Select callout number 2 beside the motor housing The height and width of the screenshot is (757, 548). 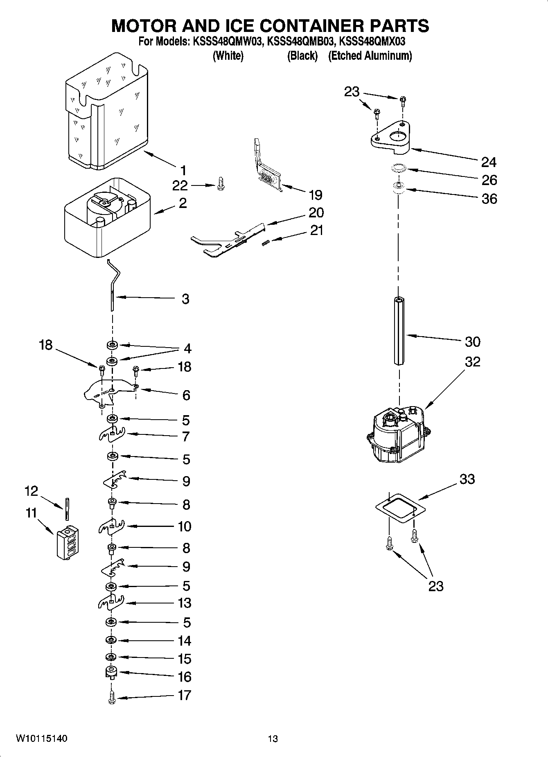(x=183, y=203)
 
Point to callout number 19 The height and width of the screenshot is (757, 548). (x=316, y=194)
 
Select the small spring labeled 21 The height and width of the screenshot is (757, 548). (x=265, y=243)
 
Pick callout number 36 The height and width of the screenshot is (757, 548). (x=489, y=199)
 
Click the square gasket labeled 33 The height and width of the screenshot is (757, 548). (x=400, y=508)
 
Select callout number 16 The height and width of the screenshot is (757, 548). (x=185, y=677)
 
